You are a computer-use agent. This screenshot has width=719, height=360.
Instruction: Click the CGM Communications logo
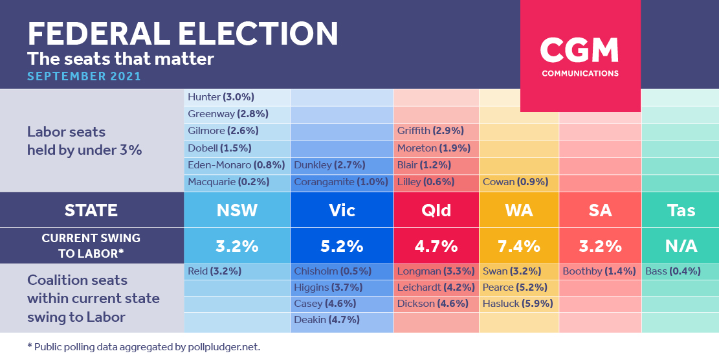[x=580, y=56]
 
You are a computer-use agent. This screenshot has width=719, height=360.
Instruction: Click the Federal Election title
[x=183, y=34]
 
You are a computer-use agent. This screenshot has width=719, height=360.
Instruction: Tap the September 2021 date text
[x=84, y=76]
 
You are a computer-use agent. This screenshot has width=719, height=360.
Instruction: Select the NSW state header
[x=237, y=210]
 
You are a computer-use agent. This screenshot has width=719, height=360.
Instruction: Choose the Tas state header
[x=681, y=210]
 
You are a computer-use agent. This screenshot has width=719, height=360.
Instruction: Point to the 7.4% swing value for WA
[x=519, y=246]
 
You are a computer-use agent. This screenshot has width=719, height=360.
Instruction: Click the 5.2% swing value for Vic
[x=342, y=246]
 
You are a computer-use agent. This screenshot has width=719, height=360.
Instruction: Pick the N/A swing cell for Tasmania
[x=681, y=246]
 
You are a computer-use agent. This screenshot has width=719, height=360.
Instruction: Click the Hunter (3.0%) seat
[x=221, y=97]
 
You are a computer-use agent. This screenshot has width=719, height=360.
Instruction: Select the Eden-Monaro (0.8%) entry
[x=237, y=165]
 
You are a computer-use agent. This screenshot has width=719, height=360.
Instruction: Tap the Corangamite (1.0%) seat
[x=341, y=182]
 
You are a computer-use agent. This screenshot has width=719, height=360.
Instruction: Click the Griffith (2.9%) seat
[x=430, y=131]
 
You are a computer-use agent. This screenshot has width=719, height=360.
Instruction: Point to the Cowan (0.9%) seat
[x=515, y=182]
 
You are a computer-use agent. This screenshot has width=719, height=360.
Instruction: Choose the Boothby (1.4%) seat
[x=599, y=271]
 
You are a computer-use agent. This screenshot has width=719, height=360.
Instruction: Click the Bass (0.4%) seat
[x=672, y=271]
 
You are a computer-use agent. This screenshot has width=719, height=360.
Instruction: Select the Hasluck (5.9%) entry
[x=518, y=304]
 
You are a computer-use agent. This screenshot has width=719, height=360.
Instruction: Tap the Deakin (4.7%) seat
[x=327, y=320]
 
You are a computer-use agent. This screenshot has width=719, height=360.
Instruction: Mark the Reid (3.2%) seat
[x=215, y=271]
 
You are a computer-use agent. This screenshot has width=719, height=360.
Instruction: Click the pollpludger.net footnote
[x=144, y=347]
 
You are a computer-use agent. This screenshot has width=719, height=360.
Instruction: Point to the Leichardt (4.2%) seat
[x=436, y=287]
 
